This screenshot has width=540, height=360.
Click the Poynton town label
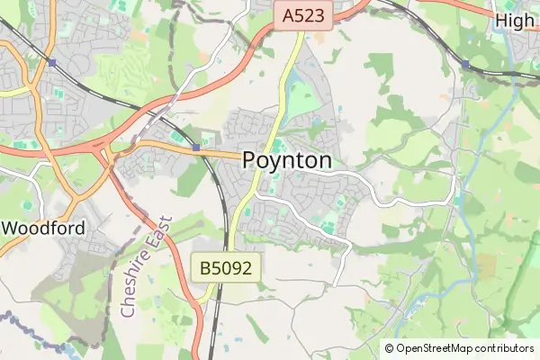pyautogui.click(x=287, y=160)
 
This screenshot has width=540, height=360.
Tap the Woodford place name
pyautogui.click(x=45, y=229)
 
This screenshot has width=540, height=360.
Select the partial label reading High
pyautogui.click(x=515, y=21)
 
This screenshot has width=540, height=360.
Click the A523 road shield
pyautogui.click(x=304, y=15)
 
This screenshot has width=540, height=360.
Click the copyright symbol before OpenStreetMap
pyautogui.click(x=389, y=348)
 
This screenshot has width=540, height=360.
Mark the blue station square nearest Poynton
pyautogui.click(x=196, y=148)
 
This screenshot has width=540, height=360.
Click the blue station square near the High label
pyautogui.click(x=465, y=65)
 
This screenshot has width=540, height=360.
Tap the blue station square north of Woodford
pyautogui.click(x=53, y=62)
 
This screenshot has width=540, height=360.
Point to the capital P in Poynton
pyautogui.click(x=252, y=160)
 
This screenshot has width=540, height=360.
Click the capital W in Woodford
pyautogui.click(x=13, y=229)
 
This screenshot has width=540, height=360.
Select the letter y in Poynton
pyautogui.click(x=280, y=162)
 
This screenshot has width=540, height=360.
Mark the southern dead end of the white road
pyautogui.click(x=334, y=284)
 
